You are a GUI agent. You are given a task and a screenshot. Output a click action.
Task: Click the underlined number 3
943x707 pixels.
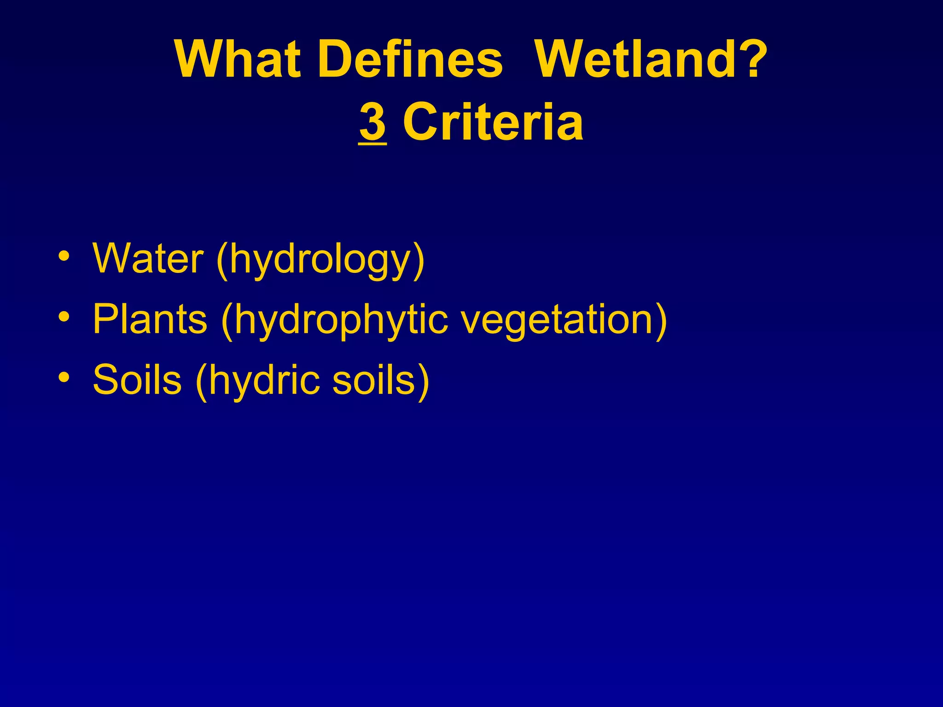click(373, 122)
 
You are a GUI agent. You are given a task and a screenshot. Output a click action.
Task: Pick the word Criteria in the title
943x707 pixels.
click(493, 122)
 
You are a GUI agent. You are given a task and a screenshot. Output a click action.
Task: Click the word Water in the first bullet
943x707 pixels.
click(148, 259)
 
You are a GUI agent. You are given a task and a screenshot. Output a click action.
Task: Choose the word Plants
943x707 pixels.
click(150, 319)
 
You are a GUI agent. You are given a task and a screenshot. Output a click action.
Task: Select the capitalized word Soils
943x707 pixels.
click(137, 380)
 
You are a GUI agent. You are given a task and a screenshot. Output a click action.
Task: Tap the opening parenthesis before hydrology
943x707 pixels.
click(222, 261)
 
